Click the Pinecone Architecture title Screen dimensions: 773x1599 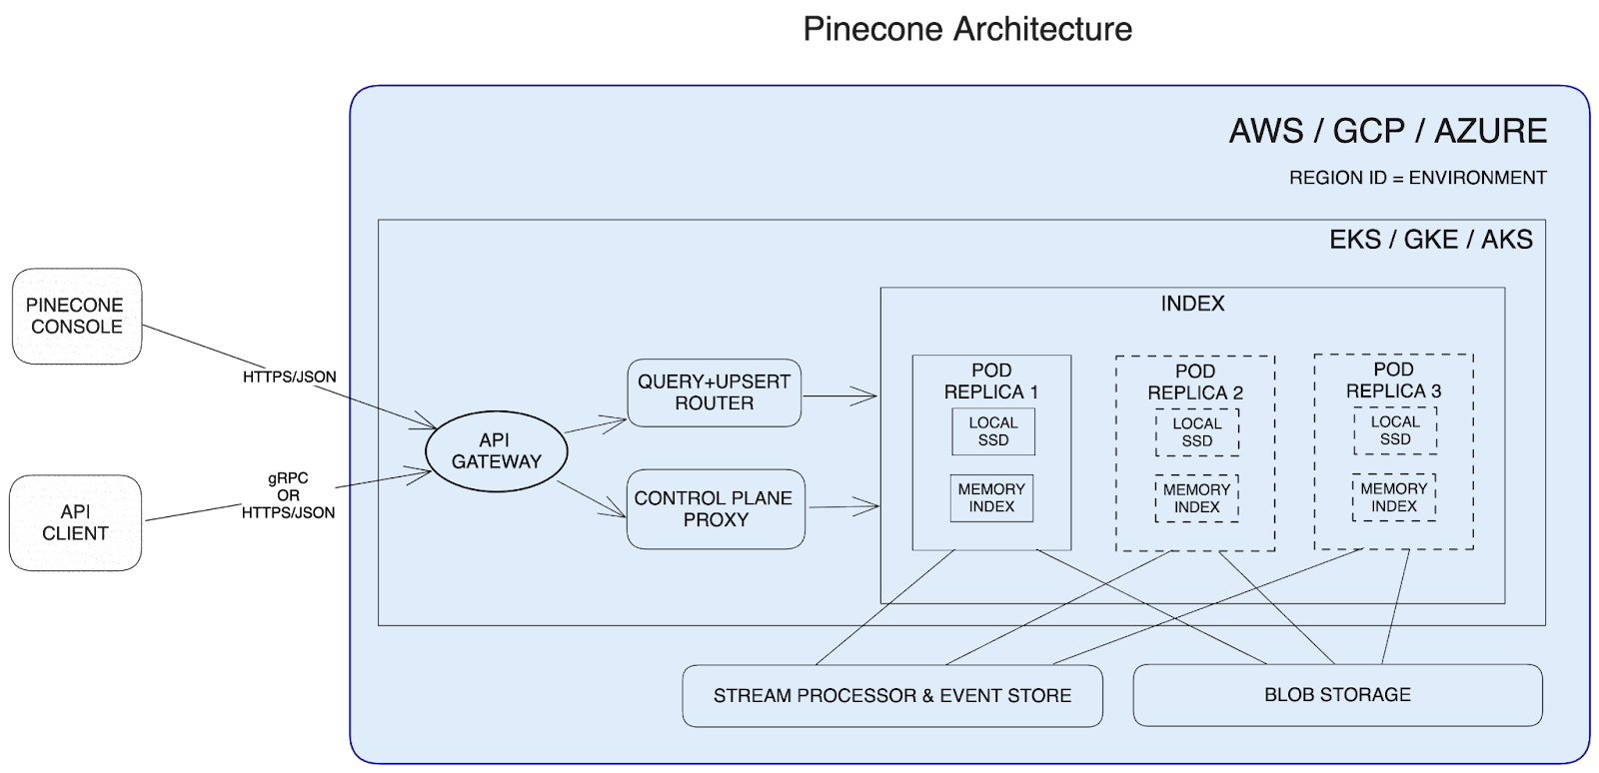(967, 28)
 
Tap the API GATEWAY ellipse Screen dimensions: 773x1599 (496, 451)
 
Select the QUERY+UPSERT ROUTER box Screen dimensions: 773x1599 (714, 392)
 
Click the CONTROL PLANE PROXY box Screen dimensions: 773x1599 (715, 508)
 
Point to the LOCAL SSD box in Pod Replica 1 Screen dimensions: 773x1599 (992, 431)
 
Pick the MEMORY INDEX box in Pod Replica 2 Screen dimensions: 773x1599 (1196, 497)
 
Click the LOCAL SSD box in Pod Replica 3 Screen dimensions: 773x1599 (1394, 430)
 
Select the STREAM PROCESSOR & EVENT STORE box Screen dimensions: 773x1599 (891, 695)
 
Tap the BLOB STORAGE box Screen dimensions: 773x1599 (1336, 695)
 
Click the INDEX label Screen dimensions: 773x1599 (1192, 304)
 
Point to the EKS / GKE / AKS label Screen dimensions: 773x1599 (1430, 240)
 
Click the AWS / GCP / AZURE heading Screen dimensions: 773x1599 (1387, 131)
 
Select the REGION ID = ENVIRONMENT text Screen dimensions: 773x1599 (1417, 178)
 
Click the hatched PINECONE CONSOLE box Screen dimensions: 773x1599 (77, 316)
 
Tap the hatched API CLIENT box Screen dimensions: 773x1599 (77, 523)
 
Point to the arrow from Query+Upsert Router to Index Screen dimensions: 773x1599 (839, 396)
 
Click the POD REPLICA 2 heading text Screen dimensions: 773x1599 (1195, 382)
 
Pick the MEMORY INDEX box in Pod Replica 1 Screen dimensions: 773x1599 (991, 497)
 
